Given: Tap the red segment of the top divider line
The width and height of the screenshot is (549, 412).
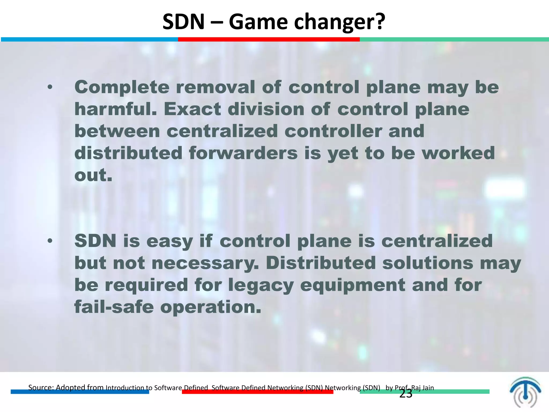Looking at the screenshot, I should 269,39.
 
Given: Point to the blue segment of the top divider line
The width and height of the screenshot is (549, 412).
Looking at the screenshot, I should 89,39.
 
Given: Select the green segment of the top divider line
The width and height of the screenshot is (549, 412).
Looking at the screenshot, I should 454,39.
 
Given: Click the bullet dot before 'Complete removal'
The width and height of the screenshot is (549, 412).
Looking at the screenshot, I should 50,87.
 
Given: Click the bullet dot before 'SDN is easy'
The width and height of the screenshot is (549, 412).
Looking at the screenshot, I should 50,241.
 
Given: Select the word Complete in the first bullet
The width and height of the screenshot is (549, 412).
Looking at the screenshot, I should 122,88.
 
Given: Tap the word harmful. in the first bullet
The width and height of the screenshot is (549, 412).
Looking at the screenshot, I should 115,109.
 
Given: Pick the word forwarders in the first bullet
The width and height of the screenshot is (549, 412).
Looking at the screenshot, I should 243,153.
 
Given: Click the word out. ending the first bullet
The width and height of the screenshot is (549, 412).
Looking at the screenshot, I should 93,175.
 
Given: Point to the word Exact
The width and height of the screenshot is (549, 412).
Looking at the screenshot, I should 192,109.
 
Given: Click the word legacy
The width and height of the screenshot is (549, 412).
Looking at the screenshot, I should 261,285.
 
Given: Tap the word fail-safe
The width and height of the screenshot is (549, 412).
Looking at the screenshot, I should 114,307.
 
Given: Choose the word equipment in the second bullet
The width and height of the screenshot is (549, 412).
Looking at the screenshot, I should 353,285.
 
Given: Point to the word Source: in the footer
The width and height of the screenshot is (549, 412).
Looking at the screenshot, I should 41,387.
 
